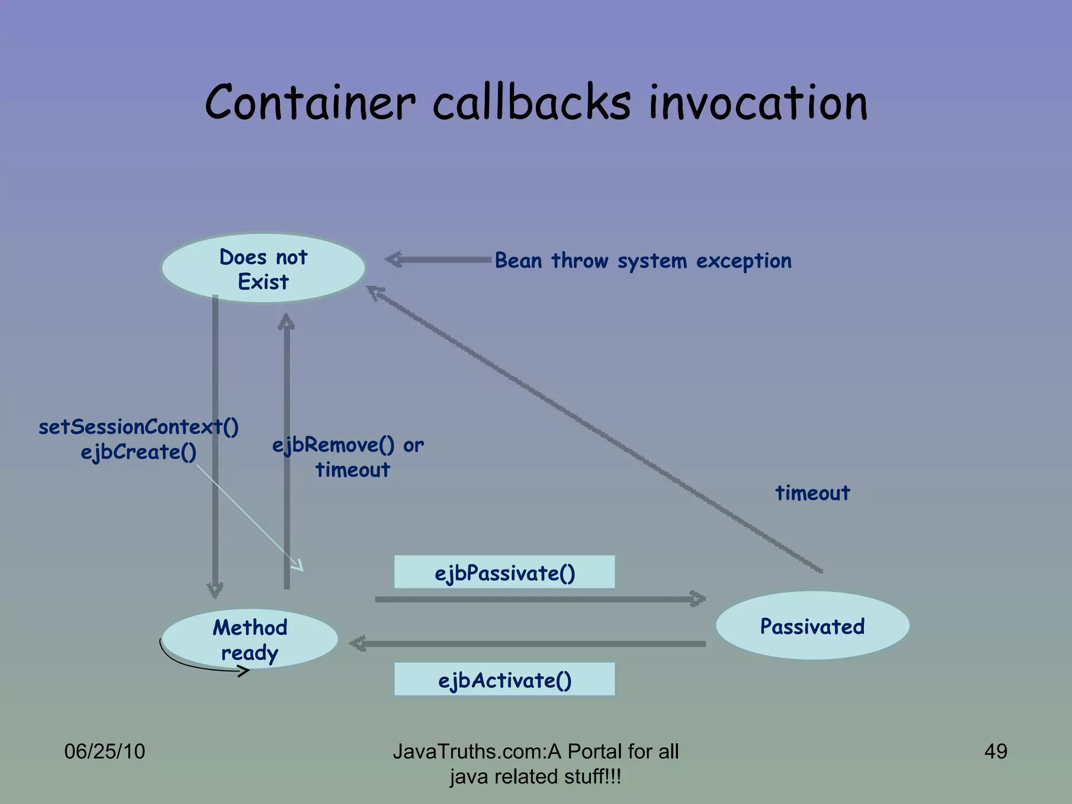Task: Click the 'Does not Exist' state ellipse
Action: point(263,269)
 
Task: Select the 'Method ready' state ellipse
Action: point(250,639)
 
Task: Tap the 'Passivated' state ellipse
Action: point(812,626)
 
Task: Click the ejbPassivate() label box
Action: point(504,573)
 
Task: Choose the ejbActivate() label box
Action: point(504,680)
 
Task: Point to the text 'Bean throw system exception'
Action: point(643,261)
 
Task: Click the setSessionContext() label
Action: point(138,427)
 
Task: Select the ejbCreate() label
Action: point(138,452)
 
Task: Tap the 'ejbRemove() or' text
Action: point(348,445)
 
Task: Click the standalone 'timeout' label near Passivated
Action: point(812,493)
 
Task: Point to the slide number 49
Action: point(995,751)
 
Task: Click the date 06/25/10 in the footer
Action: point(104,751)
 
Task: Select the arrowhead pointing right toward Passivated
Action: point(698,599)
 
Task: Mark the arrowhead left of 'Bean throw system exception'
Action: point(394,259)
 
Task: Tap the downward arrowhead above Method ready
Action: point(215,590)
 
